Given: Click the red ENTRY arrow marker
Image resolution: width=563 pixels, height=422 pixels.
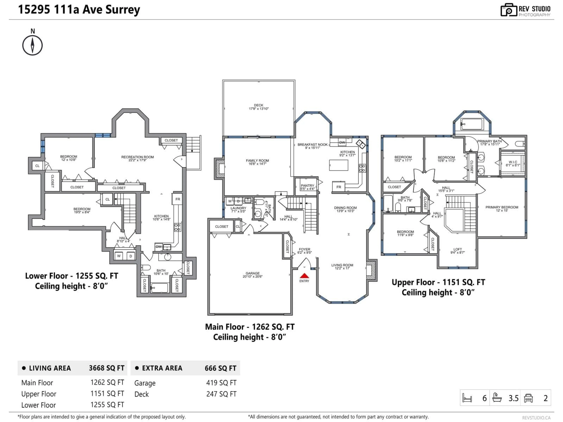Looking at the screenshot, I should click(304, 276).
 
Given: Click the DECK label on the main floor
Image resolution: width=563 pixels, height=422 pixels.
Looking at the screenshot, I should click(259, 105).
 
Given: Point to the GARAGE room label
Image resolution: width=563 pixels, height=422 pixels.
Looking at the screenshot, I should click(252, 273).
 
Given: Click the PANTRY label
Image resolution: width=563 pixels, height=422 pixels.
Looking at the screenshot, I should click(307, 186).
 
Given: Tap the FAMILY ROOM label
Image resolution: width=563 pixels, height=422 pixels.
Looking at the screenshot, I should click(257, 160).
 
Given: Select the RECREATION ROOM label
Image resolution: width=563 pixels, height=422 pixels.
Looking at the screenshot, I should click(137, 157).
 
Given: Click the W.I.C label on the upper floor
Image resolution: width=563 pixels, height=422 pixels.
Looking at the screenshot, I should click(513, 162).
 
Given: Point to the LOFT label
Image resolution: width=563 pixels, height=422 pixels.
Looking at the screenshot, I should click(457, 249).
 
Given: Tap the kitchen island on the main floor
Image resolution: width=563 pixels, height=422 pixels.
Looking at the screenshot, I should click(339, 165).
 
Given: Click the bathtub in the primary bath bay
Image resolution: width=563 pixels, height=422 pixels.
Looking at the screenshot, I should click(472, 124).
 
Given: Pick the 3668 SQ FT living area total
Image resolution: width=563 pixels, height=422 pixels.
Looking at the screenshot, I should click(106, 368).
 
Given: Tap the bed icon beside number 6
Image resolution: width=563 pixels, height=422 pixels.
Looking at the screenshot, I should click(467, 398).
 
